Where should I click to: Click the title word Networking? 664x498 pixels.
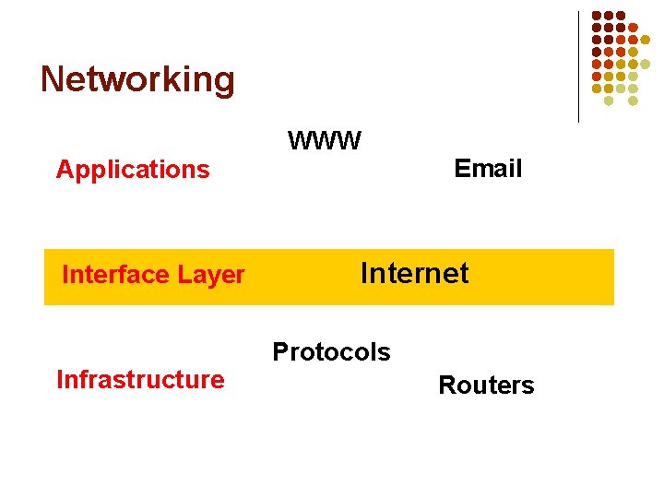click(x=137, y=79)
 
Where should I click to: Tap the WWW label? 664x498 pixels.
click(x=325, y=141)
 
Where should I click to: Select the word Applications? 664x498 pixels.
click(x=133, y=170)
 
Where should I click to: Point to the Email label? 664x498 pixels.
click(x=488, y=169)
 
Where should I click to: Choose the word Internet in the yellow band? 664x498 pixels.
click(x=414, y=273)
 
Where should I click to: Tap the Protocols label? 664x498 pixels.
click(x=331, y=352)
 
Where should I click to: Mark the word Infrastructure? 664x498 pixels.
click(x=140, y=380)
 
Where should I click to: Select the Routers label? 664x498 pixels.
click(x=486, y=385)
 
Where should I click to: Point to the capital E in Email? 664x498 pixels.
click(x=461, y=169)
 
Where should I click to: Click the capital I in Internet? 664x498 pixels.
click(x=363, y=273)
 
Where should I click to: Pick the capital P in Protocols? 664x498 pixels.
click(x=279, y=352)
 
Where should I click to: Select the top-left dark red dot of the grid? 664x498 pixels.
click(x=597, y=16)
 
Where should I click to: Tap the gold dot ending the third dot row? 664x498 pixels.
click(x=646, y=40)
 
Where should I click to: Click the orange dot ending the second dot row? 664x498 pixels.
click(x=634, y=28)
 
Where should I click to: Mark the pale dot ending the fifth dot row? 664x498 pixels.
click(x=646, y=64)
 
